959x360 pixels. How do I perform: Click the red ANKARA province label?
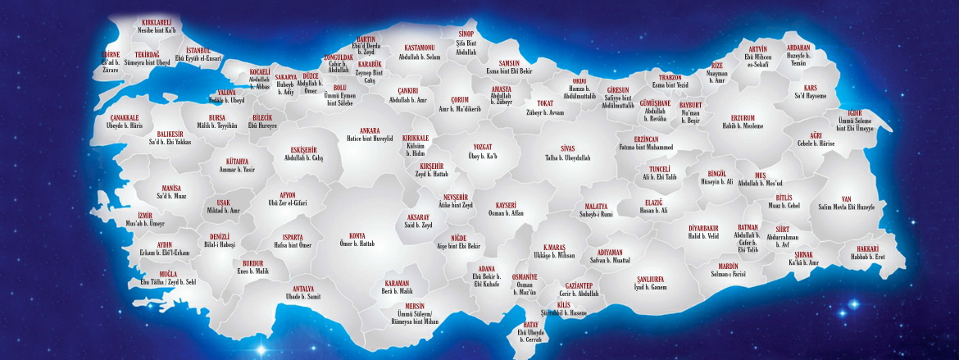point(364,130)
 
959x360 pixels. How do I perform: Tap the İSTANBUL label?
point(198,51)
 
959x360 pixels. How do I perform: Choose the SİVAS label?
point(557,148)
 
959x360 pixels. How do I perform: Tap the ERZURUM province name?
point(743,117)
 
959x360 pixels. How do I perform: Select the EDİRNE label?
point(110,54)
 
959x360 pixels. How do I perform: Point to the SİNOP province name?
point(466,34)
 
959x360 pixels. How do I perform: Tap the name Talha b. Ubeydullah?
point(557,157)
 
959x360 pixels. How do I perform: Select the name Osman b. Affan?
point(506,213)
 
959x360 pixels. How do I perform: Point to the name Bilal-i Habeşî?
point(220,244)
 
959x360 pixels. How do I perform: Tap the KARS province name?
point(810,87)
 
